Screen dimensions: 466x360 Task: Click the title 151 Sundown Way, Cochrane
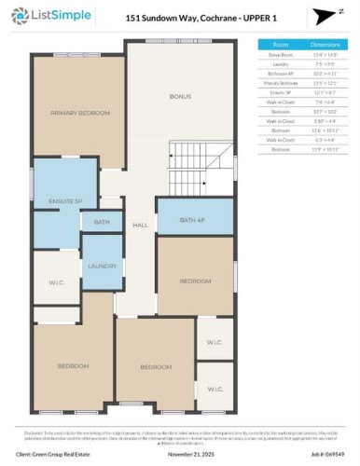178,16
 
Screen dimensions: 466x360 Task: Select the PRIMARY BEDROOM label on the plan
76,112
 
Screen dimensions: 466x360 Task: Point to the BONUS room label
178,96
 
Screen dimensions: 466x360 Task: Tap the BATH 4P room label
193,218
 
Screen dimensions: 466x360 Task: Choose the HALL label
141,225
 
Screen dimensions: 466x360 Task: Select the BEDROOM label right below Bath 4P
194,281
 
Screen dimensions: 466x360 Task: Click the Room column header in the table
281,44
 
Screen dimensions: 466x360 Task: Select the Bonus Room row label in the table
280,55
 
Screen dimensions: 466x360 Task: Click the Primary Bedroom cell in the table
280,82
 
